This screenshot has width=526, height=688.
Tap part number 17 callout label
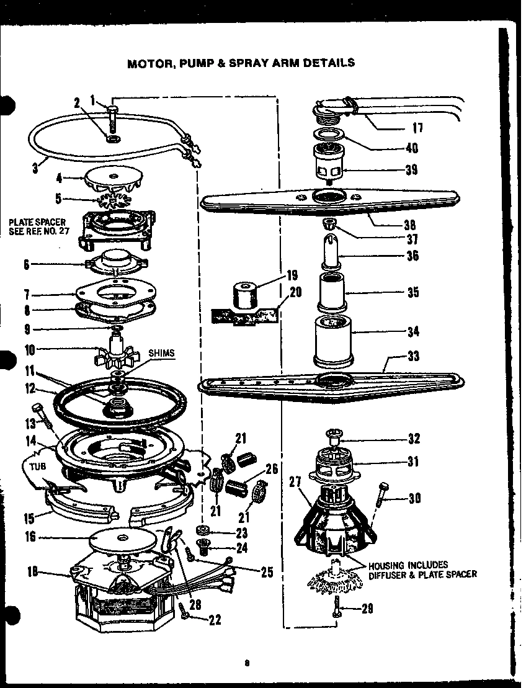click(x=418, y=128)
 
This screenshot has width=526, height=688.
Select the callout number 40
click(x=411, y=148)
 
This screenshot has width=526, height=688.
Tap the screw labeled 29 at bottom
click(x=337, y=606)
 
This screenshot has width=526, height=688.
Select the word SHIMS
click(x=162, y=353)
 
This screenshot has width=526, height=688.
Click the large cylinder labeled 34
click(x=332, y=338)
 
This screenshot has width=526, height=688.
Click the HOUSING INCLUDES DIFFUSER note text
click(x=422, y=570)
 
